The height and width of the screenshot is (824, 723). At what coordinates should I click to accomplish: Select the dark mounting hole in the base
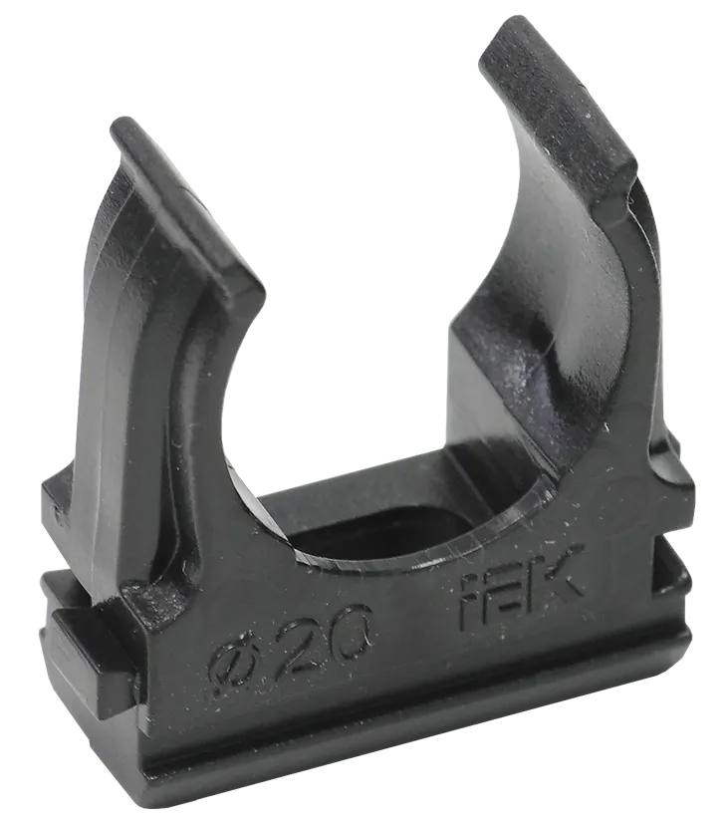[398, 518]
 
